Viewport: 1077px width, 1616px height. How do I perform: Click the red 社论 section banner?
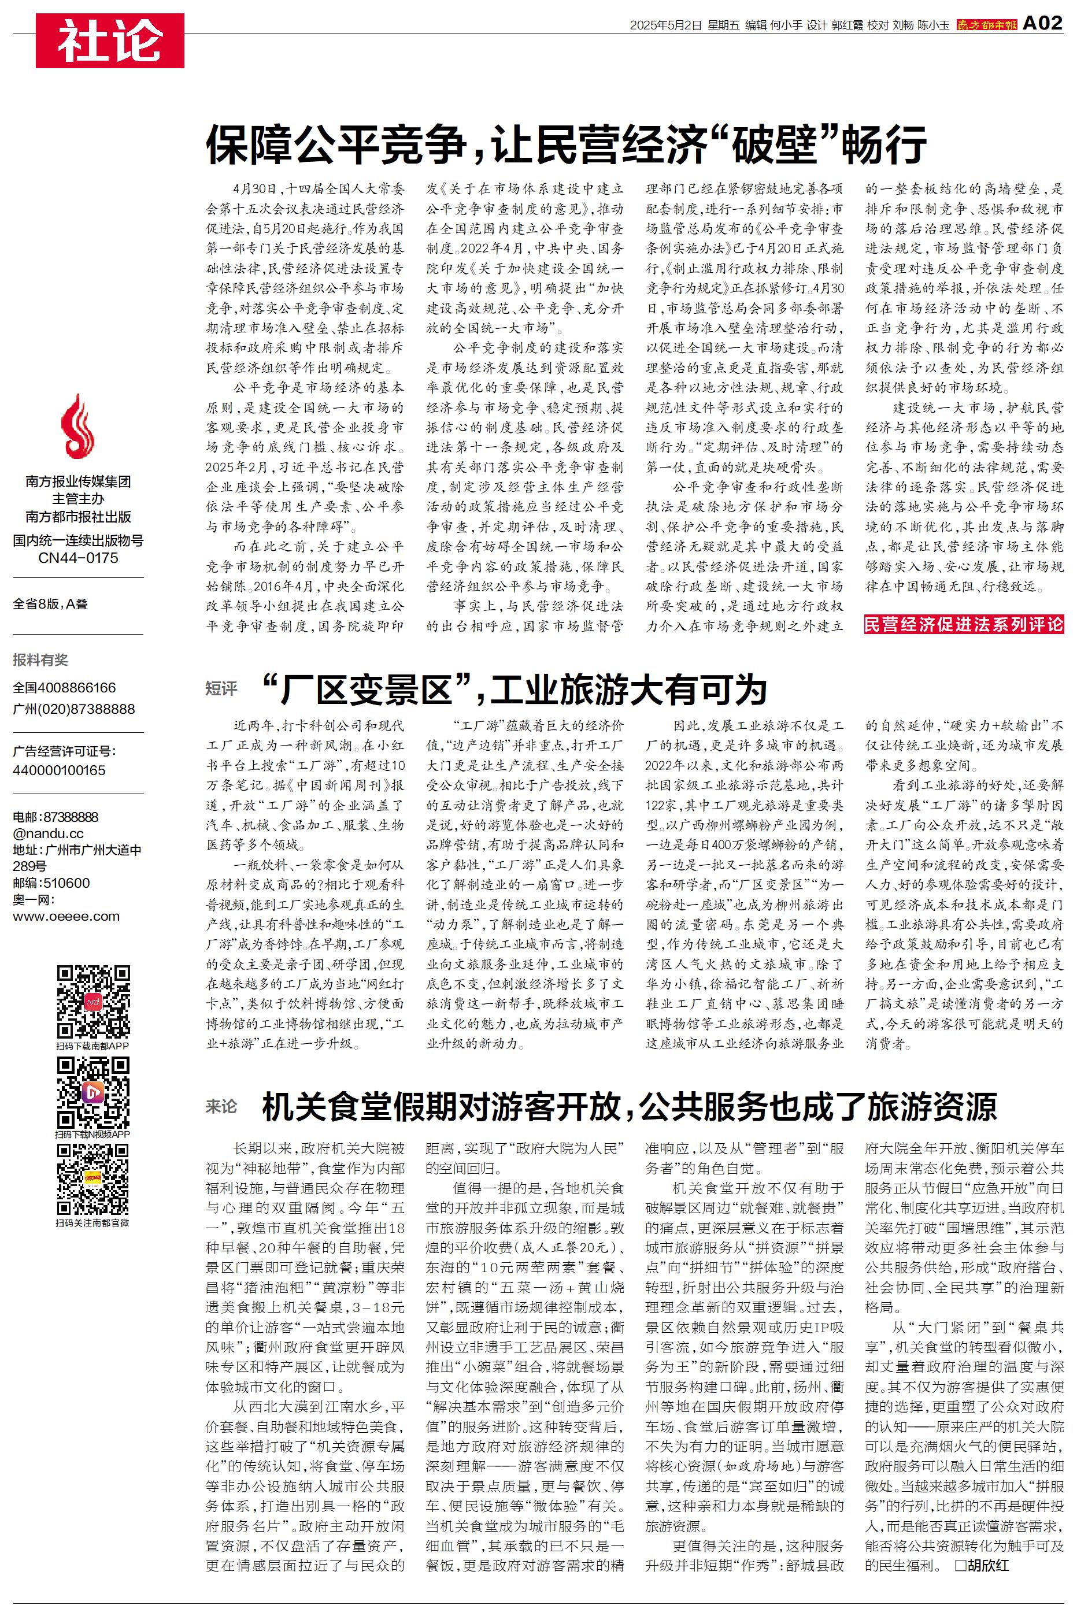[110, 40]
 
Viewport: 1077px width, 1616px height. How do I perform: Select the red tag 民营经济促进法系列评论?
[964, 624]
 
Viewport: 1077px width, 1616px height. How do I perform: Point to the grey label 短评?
[221, 688]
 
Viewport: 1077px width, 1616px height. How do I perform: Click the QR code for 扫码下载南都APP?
[92, 1002]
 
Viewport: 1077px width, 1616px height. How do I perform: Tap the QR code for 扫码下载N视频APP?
[92, 1092]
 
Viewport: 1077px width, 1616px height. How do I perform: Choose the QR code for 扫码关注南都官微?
[92, 1180]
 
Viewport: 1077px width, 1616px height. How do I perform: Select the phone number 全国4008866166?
[65, 687]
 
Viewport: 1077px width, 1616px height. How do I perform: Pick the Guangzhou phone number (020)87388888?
[73, 709]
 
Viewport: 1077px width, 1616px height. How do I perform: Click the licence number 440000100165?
[59, 770]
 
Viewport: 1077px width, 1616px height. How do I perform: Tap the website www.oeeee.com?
[66, 916]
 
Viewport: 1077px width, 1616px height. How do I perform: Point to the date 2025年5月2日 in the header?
[665, 25]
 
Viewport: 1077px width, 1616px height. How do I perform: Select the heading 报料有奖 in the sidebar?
[40, 659]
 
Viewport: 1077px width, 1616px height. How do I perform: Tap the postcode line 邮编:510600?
[51, 883]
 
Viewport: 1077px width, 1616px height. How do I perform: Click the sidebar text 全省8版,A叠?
[50, 604]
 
